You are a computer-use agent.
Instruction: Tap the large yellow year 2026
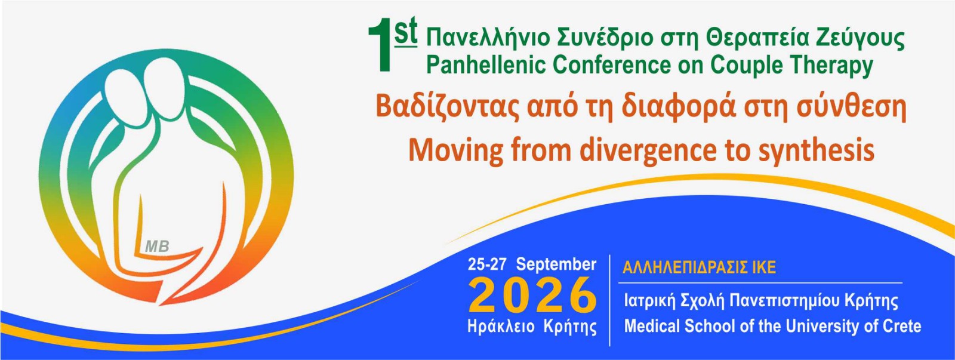[532, 295]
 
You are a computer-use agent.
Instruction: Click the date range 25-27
[487, 264]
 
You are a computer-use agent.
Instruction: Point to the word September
[556, 265]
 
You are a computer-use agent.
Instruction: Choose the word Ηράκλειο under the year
[501, 327]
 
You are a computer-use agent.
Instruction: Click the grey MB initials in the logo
[158, 246]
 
